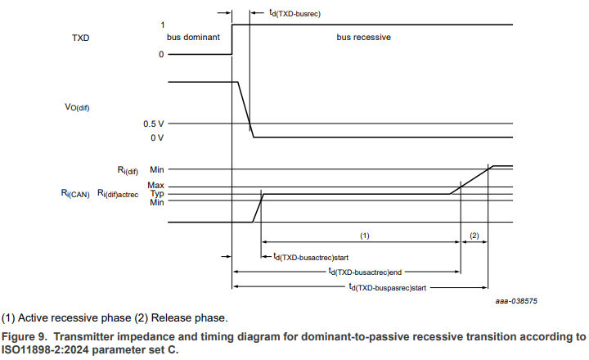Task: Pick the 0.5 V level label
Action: point(153,124)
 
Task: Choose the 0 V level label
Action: point(156,137)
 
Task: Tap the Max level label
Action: point(155,186)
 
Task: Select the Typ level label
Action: point(156,194)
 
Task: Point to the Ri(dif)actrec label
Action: point(119,195)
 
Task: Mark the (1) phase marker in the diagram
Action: point(365,235)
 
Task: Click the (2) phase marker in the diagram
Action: point(474,235)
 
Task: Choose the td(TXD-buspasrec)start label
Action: point(386,287)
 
